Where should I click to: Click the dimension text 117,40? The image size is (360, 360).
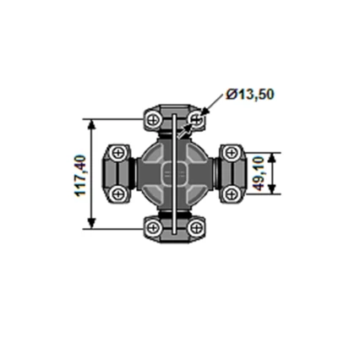(x=79, y=174)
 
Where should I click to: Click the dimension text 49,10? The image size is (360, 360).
(x=285, y=173)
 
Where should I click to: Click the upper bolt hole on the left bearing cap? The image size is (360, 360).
(x=118, y=153)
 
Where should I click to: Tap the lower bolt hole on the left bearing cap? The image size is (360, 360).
(x=118, y=194)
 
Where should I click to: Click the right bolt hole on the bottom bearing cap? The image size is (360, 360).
(x=197, y=229)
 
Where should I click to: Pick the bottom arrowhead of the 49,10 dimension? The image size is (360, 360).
(x=271, y=191)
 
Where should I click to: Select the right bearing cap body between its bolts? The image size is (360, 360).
(x=234, y=174)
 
